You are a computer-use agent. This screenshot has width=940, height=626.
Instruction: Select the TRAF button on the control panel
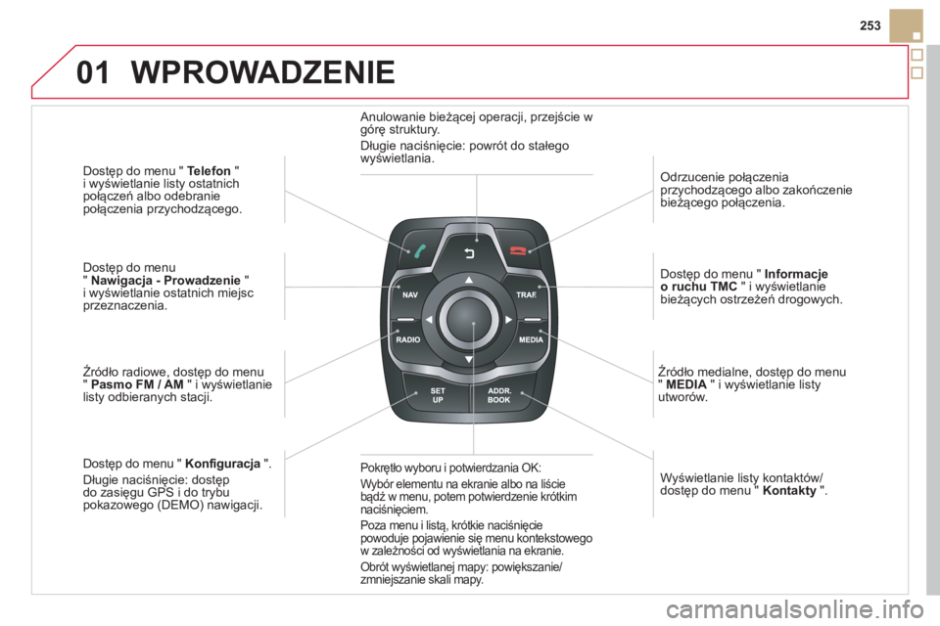click(528, 292)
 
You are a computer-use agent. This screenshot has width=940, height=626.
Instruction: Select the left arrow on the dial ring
click(428, 319)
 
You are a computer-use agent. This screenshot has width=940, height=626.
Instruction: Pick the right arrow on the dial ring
click(509, 319)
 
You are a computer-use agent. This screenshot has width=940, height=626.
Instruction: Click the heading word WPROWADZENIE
click(262, 71)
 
